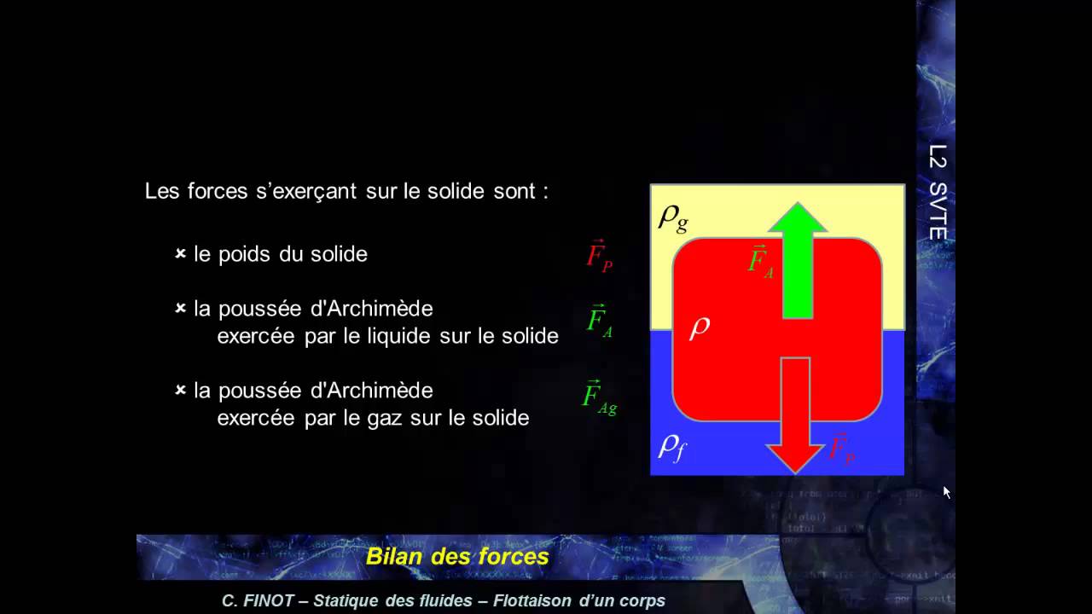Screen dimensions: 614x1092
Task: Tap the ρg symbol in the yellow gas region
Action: click(673, 217)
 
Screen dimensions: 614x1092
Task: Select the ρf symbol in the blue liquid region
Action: click(671, 446)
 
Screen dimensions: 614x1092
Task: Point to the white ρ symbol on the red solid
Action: click(700, 326)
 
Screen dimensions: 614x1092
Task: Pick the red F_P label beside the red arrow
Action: click(842, 447)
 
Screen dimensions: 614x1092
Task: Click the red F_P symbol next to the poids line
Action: click(599, 255)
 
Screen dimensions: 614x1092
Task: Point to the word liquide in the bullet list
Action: click(398, 336)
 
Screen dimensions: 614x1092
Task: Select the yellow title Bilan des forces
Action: click(457, 557)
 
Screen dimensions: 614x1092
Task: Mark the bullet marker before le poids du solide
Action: click(181, 254)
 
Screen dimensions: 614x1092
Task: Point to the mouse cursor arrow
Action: click(946, 492)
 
